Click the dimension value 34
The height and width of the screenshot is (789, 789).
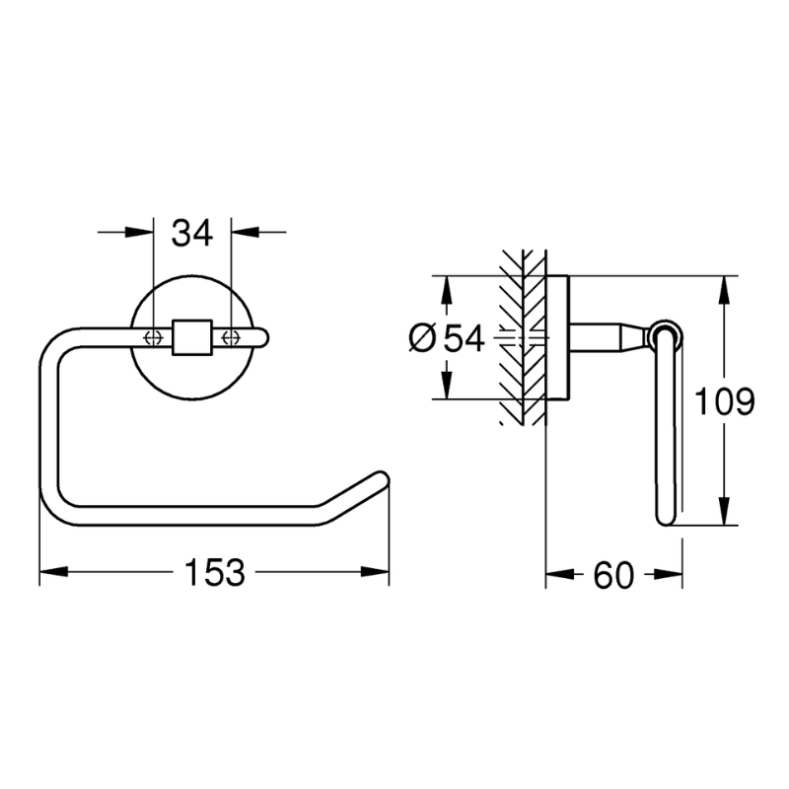[x=192, y=234]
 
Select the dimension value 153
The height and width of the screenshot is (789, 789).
[x=215, y=572]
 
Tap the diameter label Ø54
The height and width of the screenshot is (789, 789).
[x=447, y=338]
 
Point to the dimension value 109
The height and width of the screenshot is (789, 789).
[x=724, y=401]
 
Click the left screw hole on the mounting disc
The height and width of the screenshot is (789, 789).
[x=153, y=337]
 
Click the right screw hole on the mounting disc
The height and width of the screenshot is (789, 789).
[x=232, y=337]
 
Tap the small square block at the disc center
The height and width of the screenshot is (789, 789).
[x=192, y=336]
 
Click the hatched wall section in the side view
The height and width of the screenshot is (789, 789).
[x=524, y=335]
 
